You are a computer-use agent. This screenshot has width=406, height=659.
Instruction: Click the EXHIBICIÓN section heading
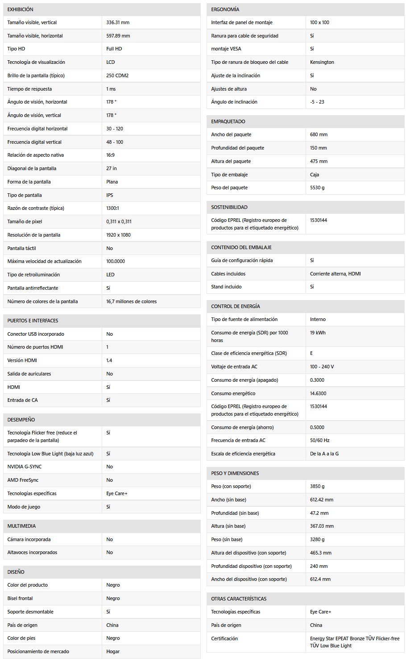pos(20,9)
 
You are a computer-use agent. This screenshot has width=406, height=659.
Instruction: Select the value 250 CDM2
pos(117,75)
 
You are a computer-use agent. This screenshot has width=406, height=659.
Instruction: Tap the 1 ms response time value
pos(111,89)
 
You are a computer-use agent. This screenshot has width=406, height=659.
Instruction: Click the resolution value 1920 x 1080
pos(119,235)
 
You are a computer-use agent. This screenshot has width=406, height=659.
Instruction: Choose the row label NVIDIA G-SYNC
pos(25,467)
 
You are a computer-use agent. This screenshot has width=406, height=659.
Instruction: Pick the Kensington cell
pos(322,62)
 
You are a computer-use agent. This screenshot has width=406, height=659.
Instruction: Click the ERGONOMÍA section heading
pos(225,9)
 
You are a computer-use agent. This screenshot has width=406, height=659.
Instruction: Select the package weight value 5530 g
pos(317,188)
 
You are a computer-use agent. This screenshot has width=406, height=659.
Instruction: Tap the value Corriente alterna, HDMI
pos(336,274)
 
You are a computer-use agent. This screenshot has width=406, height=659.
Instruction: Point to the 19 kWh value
pos(318,333)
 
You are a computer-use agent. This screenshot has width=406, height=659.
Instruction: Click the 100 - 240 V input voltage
pos(322,367)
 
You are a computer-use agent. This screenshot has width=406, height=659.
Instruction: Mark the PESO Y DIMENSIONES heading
pos(235,473)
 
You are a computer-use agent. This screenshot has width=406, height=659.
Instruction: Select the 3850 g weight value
pos(317,486)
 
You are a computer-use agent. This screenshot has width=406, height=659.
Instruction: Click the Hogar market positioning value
pos(113,651)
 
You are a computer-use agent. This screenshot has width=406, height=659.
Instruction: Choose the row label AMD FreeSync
pos(23,480)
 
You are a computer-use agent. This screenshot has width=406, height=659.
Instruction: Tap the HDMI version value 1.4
pos(109,360)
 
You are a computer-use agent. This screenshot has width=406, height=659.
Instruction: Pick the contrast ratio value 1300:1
pos(112,208)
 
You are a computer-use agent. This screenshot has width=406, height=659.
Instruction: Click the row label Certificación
pos(224,638)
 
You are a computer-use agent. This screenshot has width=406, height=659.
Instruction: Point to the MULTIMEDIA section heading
pos(21,526)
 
